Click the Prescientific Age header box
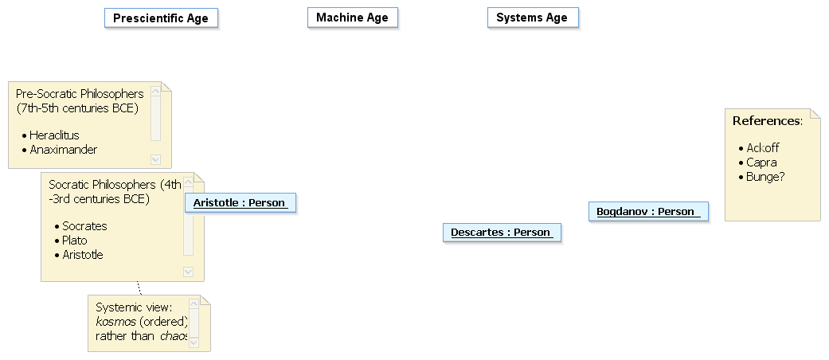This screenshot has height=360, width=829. (161, 18)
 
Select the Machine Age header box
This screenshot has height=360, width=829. (352, 18)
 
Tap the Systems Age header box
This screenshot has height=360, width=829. (533, 18)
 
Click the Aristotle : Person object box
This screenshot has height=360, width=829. (240, 203)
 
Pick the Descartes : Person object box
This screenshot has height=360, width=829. (502, 233)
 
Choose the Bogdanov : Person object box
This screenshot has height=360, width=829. (648, 211)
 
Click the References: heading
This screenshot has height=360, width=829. (767, 121)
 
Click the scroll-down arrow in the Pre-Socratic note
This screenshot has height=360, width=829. (155, 159)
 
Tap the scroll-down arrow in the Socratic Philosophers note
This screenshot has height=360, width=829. (188, 272)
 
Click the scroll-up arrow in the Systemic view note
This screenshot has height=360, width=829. (194, 304)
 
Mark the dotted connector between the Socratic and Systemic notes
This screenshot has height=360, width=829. (139, 288)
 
